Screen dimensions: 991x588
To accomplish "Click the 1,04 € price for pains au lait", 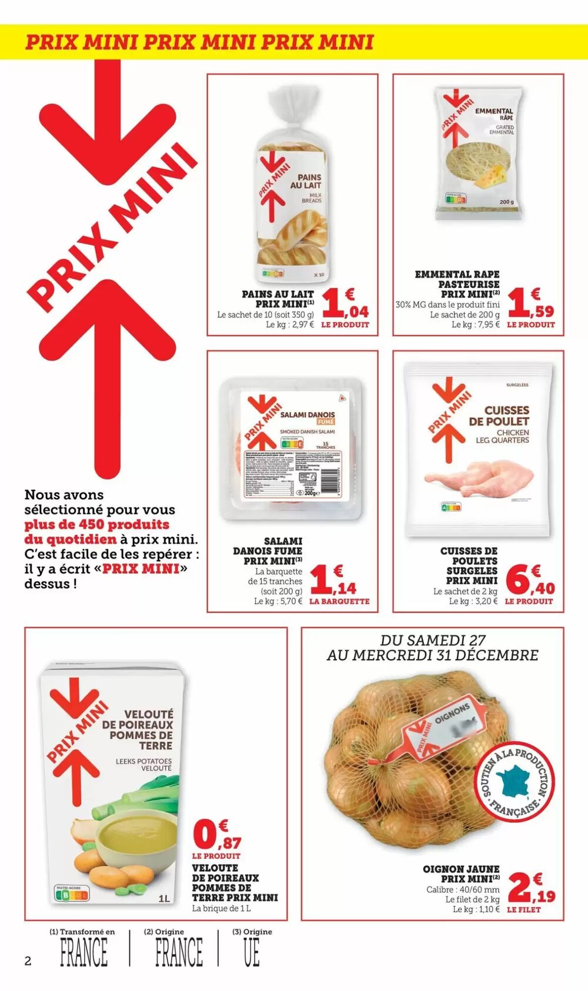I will point(345,304).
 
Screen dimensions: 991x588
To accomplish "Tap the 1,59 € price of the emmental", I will point(530,304).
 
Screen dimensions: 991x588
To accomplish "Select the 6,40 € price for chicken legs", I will point(529,581).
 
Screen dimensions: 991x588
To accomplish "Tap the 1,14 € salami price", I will point(333,581).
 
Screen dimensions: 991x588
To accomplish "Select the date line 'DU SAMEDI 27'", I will point(433,640).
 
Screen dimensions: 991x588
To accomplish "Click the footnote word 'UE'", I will point(252,953).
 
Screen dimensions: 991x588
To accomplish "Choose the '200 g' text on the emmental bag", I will point(506,202).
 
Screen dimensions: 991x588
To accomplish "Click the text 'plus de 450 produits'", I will point(96,524).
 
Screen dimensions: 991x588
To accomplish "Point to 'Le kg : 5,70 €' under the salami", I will point(278,601).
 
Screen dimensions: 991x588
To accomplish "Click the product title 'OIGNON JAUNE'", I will point(461,869).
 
